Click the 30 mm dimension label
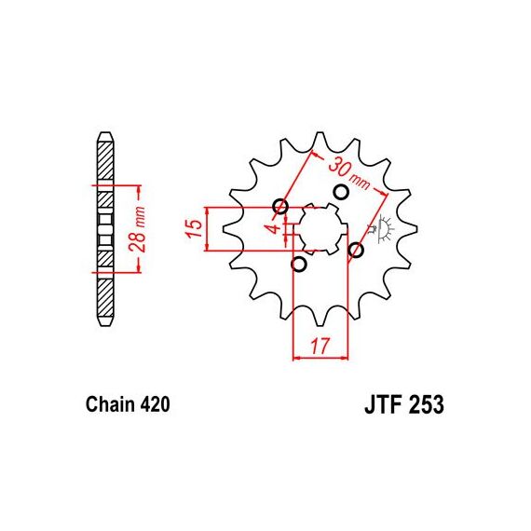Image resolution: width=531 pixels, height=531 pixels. (348, 173)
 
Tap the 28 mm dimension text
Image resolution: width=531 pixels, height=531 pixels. (138, 229)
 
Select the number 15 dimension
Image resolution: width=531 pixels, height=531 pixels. (194, 228)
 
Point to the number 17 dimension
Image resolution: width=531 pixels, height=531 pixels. (320, 346)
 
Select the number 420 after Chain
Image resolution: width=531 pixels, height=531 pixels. (155, 404)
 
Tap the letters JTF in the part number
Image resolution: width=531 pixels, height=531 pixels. (384, 404)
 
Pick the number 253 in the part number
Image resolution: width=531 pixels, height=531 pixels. (427, 404)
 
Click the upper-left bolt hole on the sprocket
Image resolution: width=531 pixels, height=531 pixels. (280, 206)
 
